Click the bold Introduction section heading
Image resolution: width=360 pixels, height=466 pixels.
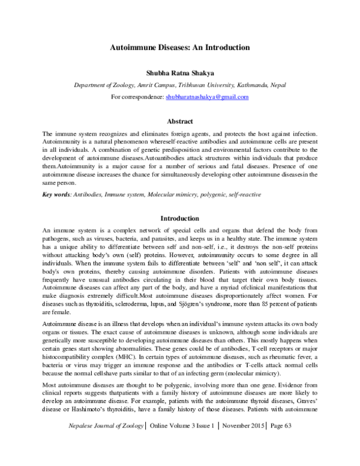[180, 218]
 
